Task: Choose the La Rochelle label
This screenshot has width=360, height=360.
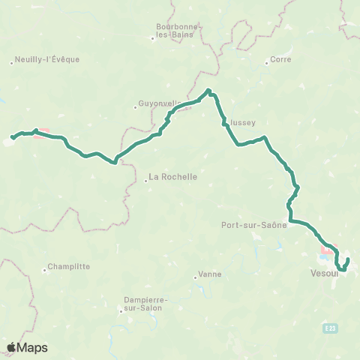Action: pyautogui.click(x=173, y=177)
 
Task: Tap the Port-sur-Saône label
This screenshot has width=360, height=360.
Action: pyautogui.click(x=254, y=224)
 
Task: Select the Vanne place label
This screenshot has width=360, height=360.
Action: pyautogui.click(x=210, y=274)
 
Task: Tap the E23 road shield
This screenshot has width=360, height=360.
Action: pyautogui.click(x=331, y=328)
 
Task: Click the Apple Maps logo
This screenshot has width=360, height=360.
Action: pyautogui.click(x=27, y=347)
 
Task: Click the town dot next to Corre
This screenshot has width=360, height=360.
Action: pyautogui.click(x=266, y=62)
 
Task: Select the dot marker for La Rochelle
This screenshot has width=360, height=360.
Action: pyautogui.click(x=146, y=180)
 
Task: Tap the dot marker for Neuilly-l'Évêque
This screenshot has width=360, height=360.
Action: pyautogui.click(x=12, y=63)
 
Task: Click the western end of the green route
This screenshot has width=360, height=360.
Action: pyautogui.click(x=11, y=138)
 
